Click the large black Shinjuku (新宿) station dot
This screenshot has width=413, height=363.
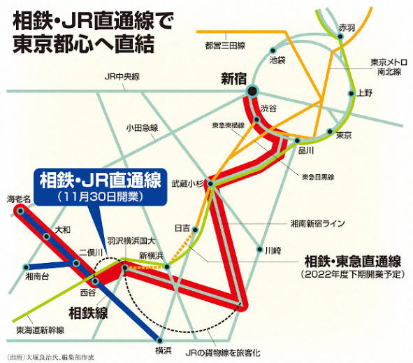pyautogui.click(x=252, y=91)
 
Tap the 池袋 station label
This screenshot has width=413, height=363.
pyautogui.click(x=277, y=60)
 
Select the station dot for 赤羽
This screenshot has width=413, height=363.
pyautogui.click(x=340, y=36)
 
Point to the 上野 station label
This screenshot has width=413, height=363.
pyautogui.click(x=364, y=93)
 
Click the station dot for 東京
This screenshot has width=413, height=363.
pyautogui.click(x=330, y=131)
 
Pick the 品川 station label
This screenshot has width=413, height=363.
pyautogui.click(x=306, y=150)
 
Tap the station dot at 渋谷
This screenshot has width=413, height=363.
pyautogui.click(x=256, y=120)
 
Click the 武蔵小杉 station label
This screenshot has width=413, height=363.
pyautogui.click(x=187, y=183)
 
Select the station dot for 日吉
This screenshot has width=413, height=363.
pyautogui.click(x=195, y=230)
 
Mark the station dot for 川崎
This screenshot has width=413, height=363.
pyautogui.click(x=260, y=249)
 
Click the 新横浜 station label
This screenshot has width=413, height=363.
pyautogui.click(x=151, y=255)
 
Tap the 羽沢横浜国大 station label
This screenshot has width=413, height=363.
pyautogui.click(x=131, y=241)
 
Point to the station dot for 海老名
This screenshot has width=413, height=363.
pyautogui.click(x=20, y=211)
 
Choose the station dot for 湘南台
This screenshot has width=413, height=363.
pyautogui.click(x=26, y=267)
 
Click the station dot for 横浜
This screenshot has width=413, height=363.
pyautogui.click(x=159, y=341)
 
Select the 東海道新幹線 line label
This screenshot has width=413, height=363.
pyautogui.click(x=41, y=330)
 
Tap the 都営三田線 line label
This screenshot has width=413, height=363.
pyautogui.click(x=225, y=46)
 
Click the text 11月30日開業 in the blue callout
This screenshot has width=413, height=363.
pyautogui.click(x=101, y=197)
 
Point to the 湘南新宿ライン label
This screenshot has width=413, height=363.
pyautogui.click(x=318, y=224)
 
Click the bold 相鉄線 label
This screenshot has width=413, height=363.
pyautogui.click(x=88, y=313)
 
